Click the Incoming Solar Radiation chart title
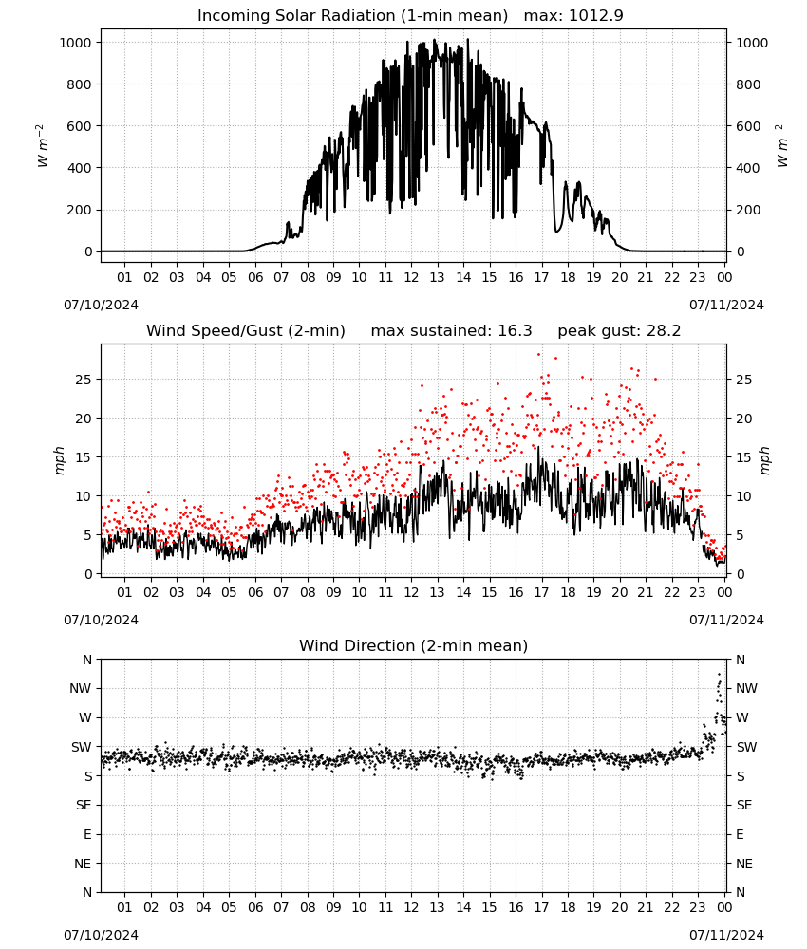352,15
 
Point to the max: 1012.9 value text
573,15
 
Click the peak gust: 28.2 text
619,330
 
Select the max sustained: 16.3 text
451,330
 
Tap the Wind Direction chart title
414,645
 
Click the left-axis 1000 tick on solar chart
75,43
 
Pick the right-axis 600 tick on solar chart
748,126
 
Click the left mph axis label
59,460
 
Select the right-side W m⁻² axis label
781,146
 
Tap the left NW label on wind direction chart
80,688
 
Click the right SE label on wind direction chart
744,805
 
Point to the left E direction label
87,834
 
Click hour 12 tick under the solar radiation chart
411,277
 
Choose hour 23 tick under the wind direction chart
698,907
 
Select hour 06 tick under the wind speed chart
255,592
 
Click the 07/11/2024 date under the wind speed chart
726,620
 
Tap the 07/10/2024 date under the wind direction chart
101,935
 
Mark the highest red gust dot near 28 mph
538,355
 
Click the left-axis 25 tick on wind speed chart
84,380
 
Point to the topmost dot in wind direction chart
720,674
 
